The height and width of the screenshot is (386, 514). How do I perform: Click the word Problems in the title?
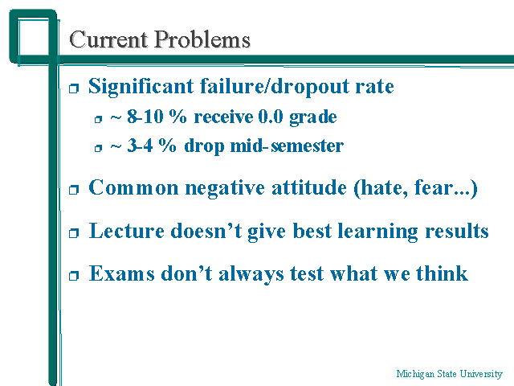coord(202,39)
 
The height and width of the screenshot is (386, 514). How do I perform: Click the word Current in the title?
coord(108,39)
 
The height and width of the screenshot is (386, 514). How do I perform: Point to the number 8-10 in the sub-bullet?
coord(145,117)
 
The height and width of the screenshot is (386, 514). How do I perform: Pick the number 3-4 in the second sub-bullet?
coord(140,146)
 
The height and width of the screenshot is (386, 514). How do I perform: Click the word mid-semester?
coord(287,146)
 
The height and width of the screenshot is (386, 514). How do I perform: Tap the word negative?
coord(225,189)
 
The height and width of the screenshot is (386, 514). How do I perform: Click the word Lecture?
coord(127,231)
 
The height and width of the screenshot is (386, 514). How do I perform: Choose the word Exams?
coord(121,273)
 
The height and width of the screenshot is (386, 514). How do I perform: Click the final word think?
coord(442,273)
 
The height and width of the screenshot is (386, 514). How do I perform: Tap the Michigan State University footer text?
coord(449,374)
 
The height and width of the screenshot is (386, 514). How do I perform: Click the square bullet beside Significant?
coord(74,88)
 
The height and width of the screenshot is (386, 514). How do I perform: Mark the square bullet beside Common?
coord(74,190)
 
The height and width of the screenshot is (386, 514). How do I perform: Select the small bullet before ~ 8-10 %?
coord(98,119)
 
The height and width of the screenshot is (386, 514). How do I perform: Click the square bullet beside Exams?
coord(74,275)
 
